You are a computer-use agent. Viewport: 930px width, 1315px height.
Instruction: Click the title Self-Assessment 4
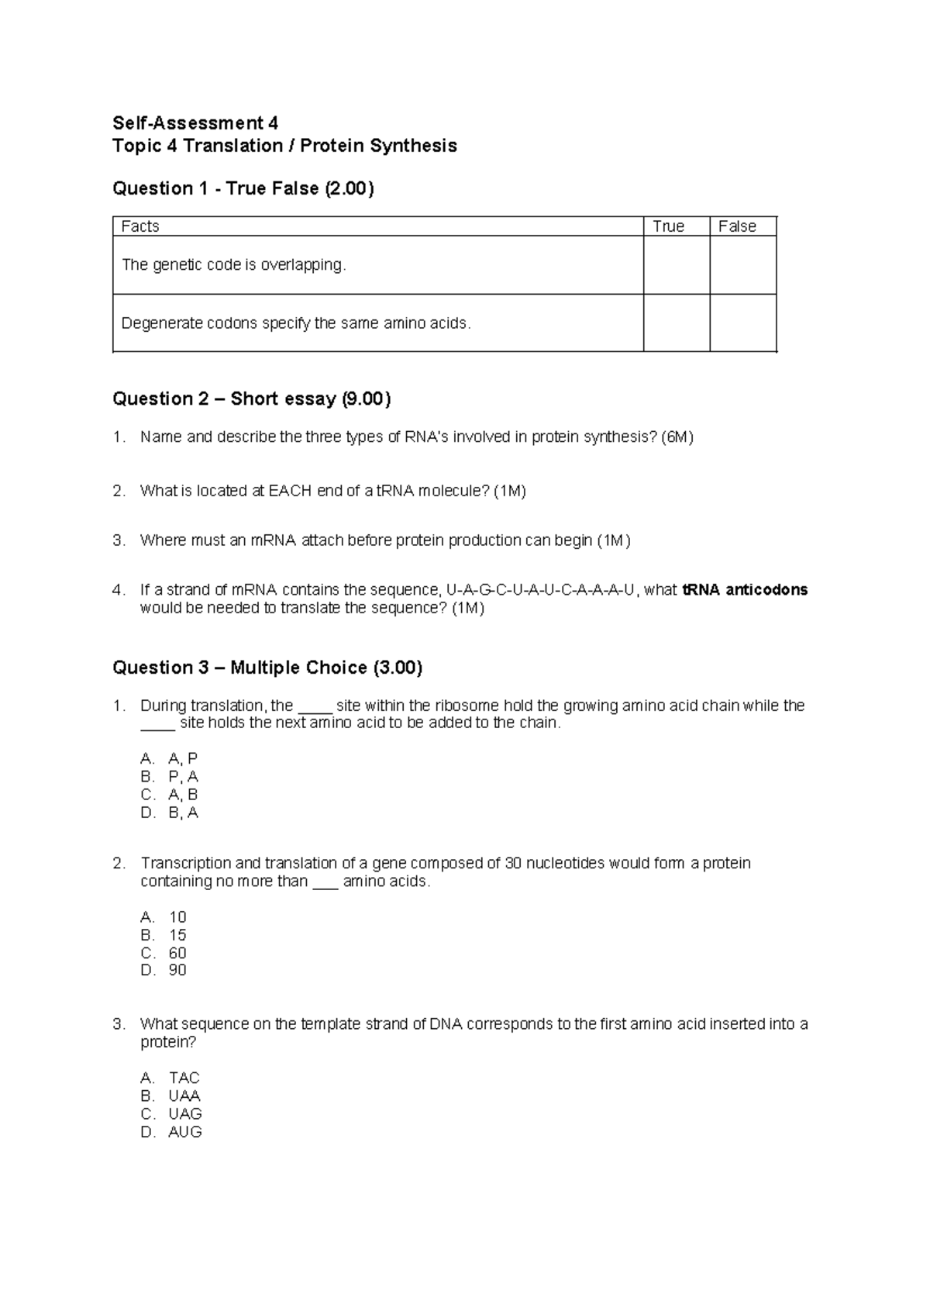click(x=195, y=123)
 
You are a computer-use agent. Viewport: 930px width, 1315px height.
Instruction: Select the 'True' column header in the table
click(x=668, y=226)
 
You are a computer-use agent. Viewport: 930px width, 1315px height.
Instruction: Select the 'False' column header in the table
click(x=737, y=226)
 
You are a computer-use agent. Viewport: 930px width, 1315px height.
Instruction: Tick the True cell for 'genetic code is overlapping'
click(x=676, y=265)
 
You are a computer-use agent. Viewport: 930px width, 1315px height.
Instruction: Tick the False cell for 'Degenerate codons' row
click(x=742, y=323)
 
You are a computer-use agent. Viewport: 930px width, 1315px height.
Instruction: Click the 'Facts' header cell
click(x=140, y=226)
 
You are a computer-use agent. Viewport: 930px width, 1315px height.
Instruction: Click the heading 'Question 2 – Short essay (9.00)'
click(x=252, y=399)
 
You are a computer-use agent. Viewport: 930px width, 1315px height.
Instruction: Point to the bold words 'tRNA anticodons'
click(x=745, y=590)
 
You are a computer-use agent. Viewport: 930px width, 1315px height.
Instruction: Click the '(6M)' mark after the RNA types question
click(x=677, y=437)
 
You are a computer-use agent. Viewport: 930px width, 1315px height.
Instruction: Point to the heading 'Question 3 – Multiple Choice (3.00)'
click(x=267, y=668)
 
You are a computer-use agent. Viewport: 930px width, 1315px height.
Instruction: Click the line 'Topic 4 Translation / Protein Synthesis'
click(x=284, y=146)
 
